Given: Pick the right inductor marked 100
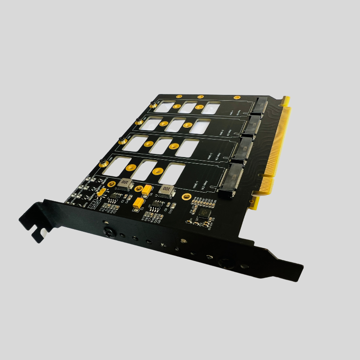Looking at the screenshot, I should (x=166, y=190).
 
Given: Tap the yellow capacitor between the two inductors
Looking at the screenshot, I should (x=147, y=190).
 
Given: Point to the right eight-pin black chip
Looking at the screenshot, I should (x=156, y=205).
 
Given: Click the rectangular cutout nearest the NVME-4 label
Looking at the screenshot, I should (x=211, y=108).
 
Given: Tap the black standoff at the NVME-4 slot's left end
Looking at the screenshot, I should (x=153, y=105).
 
